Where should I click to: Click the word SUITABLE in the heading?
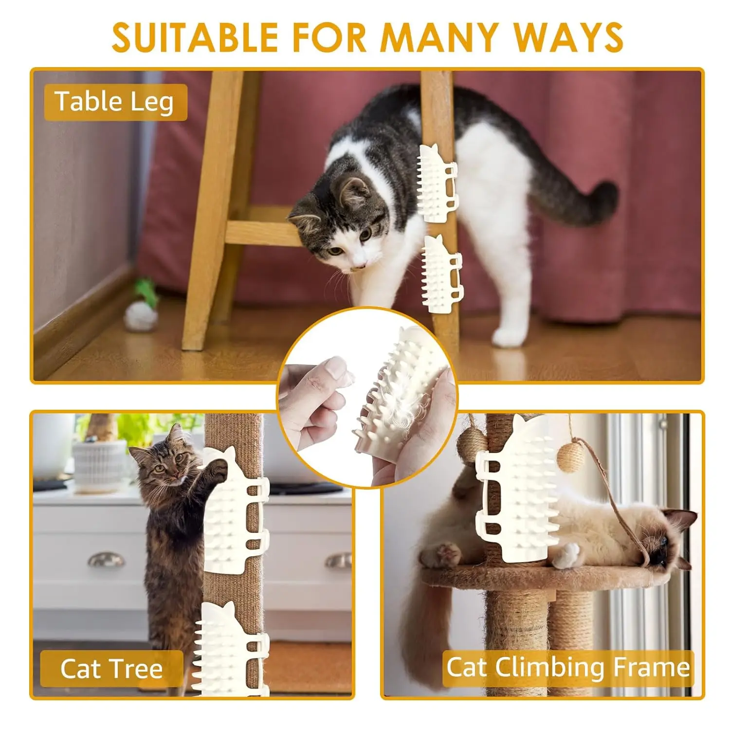pyautogui.click(x=194, y=37)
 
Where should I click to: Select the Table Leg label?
pyautogui.click(x=115, y=102)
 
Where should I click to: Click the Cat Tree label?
pyautogui.click(x=111, y=668)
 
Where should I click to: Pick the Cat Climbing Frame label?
pyautogui.click(x=568, y=667)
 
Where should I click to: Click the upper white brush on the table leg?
pyautogui.click(x=437, y=184)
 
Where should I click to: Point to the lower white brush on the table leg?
pyautogui.click(x=442, y=274)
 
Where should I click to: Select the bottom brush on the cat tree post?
pyautogui.click(x=231, y=650)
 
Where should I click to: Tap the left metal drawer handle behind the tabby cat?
pyautogui.click(x=106, y=560)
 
